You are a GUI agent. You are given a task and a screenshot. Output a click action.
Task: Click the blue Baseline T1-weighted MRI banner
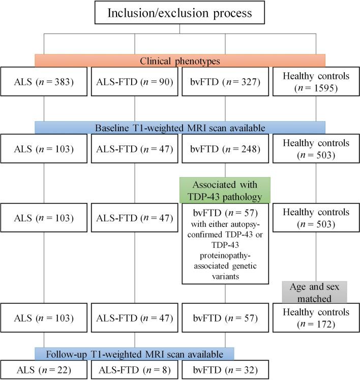[179, 127]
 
